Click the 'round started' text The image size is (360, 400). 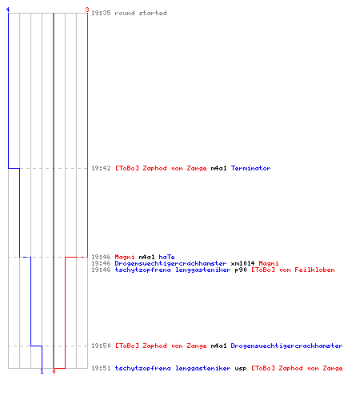coord(141,13)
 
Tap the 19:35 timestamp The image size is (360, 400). coord(101,13)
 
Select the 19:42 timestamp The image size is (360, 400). coord(101,168)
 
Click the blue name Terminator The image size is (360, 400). coord(251,168)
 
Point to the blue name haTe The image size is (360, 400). coord(166,257)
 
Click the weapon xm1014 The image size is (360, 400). coord(242,263)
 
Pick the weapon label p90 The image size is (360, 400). coord(241,270)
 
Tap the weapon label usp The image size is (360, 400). coord(241,368)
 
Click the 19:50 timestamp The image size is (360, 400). coord(101,346)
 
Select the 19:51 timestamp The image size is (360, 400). coord(101,368)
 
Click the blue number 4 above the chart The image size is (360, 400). coord(8,10)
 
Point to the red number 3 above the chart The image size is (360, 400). coord(87,10)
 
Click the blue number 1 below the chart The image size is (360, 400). coord(42,371)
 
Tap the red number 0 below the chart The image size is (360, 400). coord(54,371)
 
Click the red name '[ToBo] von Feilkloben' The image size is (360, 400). coord(293,270)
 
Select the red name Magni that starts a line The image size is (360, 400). coord(125,257)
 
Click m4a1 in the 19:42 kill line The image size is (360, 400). coord(218,168)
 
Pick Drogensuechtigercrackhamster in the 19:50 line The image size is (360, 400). coord(286,346)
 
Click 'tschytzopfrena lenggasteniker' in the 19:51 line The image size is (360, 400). coord(173,368)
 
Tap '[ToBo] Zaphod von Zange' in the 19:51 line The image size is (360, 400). coord(297,368)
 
